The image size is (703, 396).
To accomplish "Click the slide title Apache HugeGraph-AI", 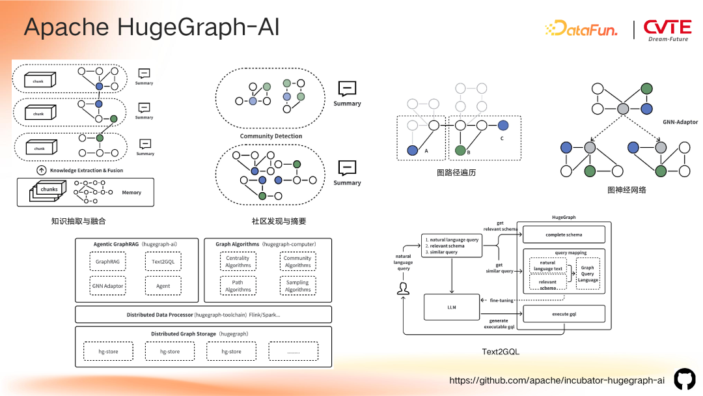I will click(152, 27).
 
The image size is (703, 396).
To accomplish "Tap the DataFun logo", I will click(581, 28).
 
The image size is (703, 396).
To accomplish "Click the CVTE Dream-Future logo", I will click(667, 29).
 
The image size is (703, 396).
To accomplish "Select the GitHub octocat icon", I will click(684, 379).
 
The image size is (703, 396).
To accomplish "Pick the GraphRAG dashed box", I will click(107, 261).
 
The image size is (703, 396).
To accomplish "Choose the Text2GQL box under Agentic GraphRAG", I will click(163, 261).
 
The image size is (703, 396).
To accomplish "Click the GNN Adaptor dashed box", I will click(107, 286).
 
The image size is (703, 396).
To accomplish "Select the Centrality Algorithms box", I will click(238, 261).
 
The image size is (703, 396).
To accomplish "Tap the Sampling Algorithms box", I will click(297, 286).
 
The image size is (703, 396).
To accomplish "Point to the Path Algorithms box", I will click(238, 286).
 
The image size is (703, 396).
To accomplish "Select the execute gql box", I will click(564, 314).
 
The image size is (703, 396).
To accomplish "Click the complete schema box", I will click(564, 234).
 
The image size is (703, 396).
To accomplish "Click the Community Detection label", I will click(271, 136).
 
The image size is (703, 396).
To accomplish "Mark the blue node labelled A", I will click(412, 150).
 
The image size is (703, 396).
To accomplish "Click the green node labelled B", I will click(460, 150).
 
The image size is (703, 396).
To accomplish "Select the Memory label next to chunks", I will click(131, 193).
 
